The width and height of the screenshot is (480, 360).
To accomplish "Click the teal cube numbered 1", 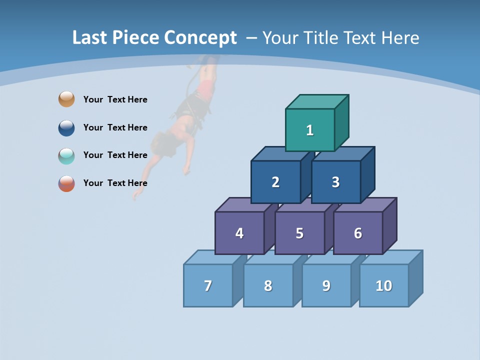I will pos(310,130).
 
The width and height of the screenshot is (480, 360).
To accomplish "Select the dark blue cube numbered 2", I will pos(275,182).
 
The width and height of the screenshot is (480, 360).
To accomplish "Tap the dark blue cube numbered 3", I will pos(335,182).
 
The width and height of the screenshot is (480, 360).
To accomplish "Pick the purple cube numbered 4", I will pos(239,233).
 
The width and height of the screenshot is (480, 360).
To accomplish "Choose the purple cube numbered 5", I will pos(299,233).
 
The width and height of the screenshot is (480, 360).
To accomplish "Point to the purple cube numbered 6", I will pos(358,233).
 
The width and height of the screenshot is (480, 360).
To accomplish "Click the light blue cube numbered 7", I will pos(208,285).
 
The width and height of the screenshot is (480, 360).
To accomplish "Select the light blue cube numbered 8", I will pos(268,285).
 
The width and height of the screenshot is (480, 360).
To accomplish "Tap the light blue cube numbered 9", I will pos(326,285).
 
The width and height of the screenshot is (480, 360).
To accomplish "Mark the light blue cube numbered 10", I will pos(384,285).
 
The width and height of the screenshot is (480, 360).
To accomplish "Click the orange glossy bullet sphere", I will pos(66,99).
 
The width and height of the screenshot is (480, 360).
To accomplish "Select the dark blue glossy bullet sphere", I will pos(66,127).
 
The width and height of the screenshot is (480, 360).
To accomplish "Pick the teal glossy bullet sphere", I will pos(66,155).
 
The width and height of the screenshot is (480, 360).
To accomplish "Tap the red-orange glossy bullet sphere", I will pos(66,183).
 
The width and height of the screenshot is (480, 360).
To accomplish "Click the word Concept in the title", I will pos(200,38).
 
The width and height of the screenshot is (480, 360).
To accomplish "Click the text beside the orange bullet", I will pos(115,99).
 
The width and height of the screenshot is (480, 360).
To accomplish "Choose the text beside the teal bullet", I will pos(115,155).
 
